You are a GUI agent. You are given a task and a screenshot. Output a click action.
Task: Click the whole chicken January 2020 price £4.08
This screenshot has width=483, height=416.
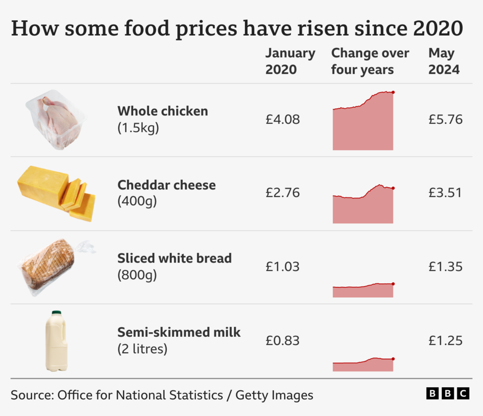coord(283,119)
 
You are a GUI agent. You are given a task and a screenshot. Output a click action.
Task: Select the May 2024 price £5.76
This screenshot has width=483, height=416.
coord(445,119)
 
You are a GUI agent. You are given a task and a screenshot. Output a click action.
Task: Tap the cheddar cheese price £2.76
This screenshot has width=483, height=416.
coord(283,193)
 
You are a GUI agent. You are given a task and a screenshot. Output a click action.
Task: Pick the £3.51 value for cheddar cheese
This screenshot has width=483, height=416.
coord(445,193)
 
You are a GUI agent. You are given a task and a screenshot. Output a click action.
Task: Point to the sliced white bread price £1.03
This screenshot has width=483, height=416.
coord(283,267)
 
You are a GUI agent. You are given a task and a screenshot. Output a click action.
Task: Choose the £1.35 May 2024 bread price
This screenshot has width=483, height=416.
coord(445,267)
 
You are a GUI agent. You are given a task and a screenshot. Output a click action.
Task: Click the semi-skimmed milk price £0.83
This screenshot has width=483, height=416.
coord(283,341)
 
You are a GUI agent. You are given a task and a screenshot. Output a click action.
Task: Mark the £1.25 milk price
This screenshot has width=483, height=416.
coord(445,341)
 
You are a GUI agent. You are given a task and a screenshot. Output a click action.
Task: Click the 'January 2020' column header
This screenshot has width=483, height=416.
coord(290,61)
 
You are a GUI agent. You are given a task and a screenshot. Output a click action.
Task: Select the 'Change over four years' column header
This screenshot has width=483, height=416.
coord(370,61)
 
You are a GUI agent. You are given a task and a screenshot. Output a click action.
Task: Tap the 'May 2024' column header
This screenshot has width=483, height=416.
coord(444,61)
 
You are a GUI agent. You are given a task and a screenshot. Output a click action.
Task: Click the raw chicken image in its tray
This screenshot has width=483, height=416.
coord(55,119)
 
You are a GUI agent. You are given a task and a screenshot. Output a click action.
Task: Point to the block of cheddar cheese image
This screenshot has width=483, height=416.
coord(55,193)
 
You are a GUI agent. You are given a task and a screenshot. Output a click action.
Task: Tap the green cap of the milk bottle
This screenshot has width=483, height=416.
coord(56,313)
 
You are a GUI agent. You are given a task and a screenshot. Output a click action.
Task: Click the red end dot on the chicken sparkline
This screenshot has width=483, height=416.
coord(393,92)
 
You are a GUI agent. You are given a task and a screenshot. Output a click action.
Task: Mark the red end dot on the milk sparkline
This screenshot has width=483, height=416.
coord(393,359)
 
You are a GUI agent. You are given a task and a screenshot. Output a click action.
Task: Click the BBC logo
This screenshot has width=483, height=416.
coord(447,393)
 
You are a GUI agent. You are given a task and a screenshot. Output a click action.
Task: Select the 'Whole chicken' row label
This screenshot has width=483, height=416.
coord(162,111)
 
